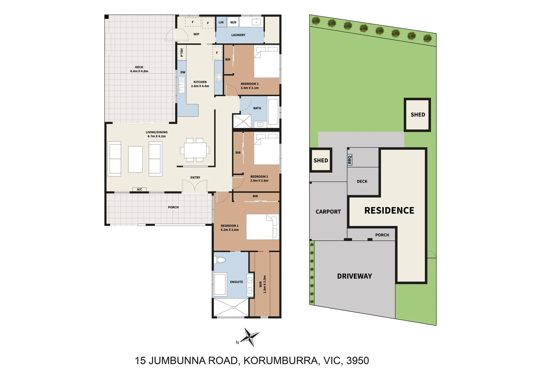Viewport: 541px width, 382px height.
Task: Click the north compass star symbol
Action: pos(250,337)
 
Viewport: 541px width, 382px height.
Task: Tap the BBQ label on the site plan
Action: pos(349,160)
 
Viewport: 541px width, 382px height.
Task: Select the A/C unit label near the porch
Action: pos(139,190)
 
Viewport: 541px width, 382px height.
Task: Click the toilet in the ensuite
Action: pos(220,260)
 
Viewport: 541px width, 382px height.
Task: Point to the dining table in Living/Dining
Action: pos(195,150)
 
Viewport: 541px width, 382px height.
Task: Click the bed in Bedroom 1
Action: pos(262,227)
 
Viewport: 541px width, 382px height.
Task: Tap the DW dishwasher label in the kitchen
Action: pos(183,72)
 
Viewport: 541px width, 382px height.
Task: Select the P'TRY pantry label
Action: pos(182,52)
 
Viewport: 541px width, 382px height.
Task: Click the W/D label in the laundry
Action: pos(233,22)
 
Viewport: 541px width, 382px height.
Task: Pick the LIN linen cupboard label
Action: pos(221,22)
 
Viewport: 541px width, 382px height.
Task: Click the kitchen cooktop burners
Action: pos(218,77)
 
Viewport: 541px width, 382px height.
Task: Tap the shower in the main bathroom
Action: pos(242,121)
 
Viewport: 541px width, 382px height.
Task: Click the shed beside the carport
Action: pos(321,160)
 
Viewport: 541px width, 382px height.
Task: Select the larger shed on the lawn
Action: pos(417,115)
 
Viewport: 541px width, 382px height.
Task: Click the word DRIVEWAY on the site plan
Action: pos(354,276)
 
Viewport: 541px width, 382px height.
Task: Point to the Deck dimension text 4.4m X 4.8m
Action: pos(139,71)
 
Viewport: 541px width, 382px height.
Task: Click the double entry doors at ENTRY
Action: pos(195,186)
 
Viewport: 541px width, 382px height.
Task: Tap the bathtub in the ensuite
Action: pos(220,284)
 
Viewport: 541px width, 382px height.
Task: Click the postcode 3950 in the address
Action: pos(358,360)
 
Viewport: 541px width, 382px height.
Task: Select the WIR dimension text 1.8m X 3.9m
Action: pos(264,284)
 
